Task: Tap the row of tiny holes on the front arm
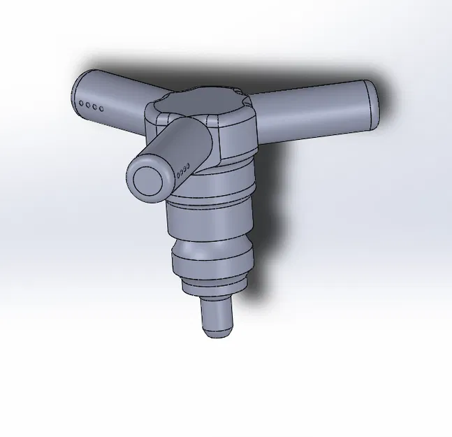(x=184, y=170)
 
